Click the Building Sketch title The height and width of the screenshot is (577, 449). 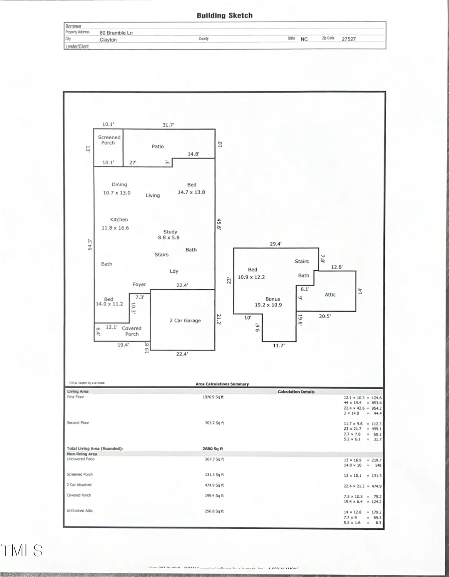(x=225, y=16)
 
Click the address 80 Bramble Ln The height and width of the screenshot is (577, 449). (x=116, y=33)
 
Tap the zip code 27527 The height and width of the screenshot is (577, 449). (x=349, y=39)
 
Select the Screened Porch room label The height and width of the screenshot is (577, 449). (x=109, y=140)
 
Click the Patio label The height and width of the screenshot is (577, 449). (x=157, y=147)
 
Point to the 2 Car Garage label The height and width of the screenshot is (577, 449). (x=185, y=320)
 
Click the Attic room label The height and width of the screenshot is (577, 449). (x=330, y=295)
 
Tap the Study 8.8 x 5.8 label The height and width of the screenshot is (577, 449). (x=169, y=235)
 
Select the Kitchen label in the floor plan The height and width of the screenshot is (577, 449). (x=119, y=220)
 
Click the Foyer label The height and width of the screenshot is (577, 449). (x=139, y=285)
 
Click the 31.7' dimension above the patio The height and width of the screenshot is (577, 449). (x=168, y=125)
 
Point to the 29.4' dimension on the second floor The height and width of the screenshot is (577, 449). (x=275, y=244)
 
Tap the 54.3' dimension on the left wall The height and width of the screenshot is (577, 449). (x=90, y=245)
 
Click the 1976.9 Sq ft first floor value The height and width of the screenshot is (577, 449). (x=213, y=397)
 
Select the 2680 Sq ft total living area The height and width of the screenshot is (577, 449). (x=213, y=449)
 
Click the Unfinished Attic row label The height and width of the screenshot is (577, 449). (x=80, y=511)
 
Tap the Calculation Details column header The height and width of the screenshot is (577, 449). (x=296, y=392)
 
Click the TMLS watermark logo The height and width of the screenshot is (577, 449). (x=22, y=550)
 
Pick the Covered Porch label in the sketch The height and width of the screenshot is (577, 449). (x=132, y=331)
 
